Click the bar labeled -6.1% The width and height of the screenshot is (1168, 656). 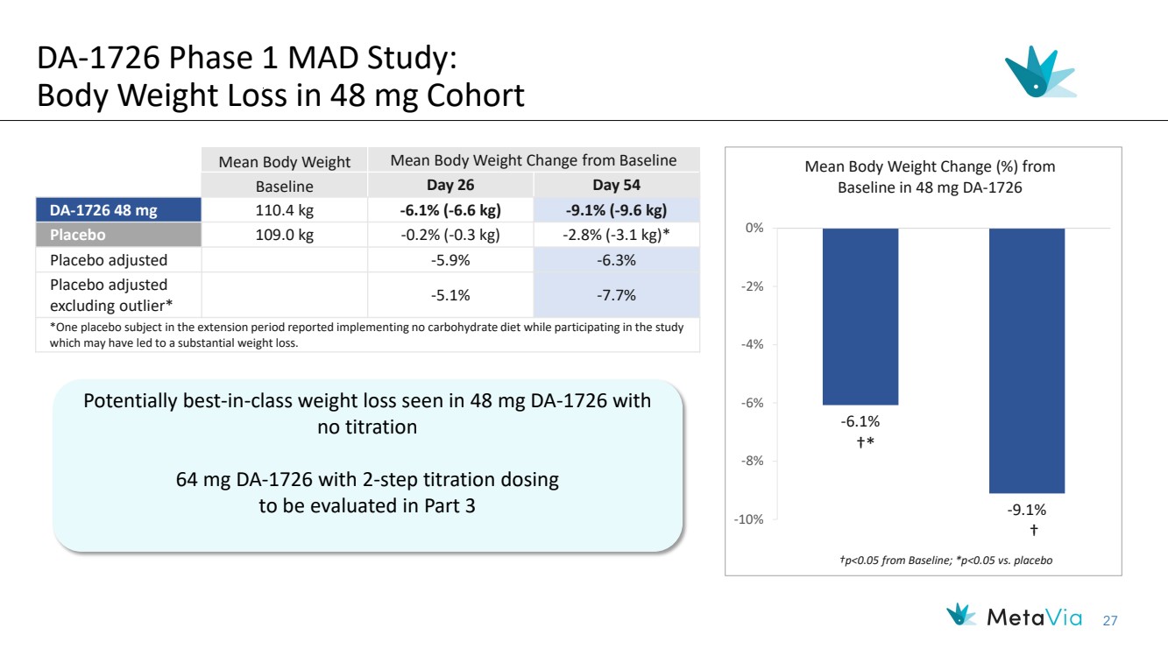click(x=860, y=316)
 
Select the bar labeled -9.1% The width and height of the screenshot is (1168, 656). click(x=1027, y=360)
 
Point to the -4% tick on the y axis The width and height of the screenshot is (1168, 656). click(x=750, y=344)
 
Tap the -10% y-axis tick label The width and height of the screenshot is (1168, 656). click(x=747, y=519)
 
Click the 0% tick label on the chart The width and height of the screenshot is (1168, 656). click(x=753, y=229)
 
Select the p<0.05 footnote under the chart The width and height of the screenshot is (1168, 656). click(x=924, y=560)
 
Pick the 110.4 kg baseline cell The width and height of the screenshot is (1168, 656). click(x=284, y=210)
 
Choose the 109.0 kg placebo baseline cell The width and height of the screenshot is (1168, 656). click(x=284, y=235)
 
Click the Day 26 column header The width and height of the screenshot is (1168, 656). click(x=450, y=186)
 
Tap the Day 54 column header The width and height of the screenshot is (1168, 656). click(x=616, y=186)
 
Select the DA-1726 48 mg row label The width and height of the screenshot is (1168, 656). click(x=118, y=210)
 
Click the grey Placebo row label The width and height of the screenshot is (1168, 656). click(x=118, y=235)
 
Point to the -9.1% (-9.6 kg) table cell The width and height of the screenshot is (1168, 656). click(x=616, y=210)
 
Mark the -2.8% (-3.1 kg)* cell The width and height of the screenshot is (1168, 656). click(x=616, y=235)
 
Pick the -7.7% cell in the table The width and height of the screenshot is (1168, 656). click(x=616, y=295)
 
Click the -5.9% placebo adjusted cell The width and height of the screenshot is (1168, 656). click(x=450, y=260)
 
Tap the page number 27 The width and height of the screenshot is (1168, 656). click(x=1110, y=621)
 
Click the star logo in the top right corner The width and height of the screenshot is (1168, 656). click(x=1038, y=72)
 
